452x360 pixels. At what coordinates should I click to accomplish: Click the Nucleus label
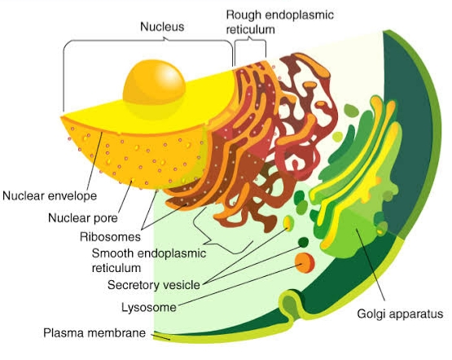162,27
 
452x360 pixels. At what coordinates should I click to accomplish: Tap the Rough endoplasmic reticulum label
279,22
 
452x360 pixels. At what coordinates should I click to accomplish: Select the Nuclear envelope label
50,196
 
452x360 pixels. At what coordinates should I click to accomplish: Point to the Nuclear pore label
83,218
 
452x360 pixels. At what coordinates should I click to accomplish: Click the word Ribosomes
110,237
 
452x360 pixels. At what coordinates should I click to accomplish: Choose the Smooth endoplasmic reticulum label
149,261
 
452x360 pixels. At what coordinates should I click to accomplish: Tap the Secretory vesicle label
154,285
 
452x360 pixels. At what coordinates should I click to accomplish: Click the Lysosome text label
149,307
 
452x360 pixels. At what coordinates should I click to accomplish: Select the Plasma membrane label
94,333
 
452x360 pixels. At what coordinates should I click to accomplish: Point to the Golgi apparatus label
400,314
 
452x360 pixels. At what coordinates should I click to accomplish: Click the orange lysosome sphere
305,262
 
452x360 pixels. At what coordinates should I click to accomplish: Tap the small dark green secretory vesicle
303,242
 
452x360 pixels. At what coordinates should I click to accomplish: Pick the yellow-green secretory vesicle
288,223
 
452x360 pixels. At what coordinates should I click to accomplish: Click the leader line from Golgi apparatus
371,265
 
